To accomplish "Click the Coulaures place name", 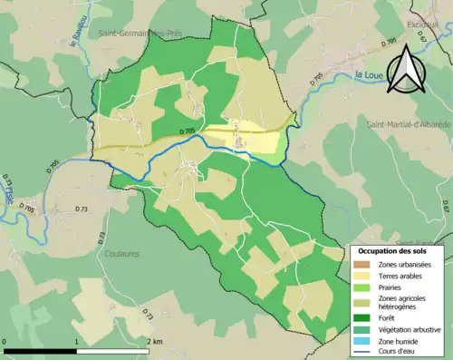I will pyautogui.click(x=120, y=254).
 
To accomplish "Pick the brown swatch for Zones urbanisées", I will pyautogui.click(x=362, y=263).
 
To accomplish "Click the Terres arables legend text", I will pyautogui.click(x=400, y=276).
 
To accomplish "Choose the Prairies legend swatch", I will pyautogui.click(x=362, y=288).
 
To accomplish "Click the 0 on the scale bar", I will pyautogui.click(x=5, y=341).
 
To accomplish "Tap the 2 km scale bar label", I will pyautogui.click(x=155, y=341).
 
